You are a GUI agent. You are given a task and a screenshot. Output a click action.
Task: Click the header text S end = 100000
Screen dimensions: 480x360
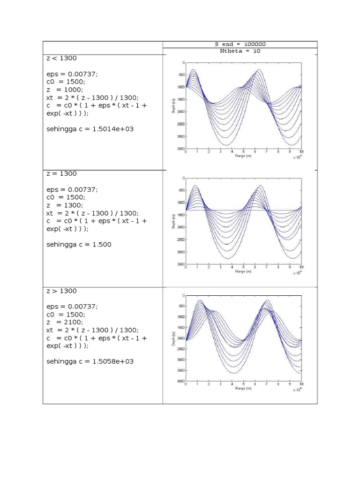[x=240, y=44]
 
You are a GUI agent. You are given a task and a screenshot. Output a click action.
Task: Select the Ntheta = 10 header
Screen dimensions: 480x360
[x=240, y=51]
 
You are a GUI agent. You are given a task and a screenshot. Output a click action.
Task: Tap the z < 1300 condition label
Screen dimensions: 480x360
[x=61, y=58]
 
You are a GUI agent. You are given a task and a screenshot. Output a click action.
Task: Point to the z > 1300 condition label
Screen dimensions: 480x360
[x=61, y=291]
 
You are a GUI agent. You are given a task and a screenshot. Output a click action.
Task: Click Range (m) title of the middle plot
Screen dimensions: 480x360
[x=243, y=271]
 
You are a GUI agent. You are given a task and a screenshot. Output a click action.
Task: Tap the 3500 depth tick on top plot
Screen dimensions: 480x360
[x=180, y=149]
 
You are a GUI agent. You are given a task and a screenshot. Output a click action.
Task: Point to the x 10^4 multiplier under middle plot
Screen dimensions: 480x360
[x=297, y=272]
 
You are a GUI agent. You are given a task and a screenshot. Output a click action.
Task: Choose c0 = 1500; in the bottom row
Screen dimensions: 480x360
[x=66, y=314]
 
